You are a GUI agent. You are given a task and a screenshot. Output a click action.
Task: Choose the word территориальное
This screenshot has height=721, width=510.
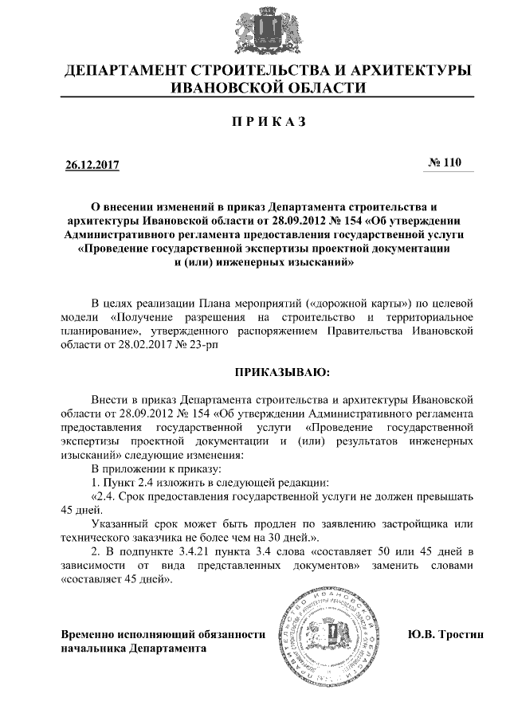click(430, 317)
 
